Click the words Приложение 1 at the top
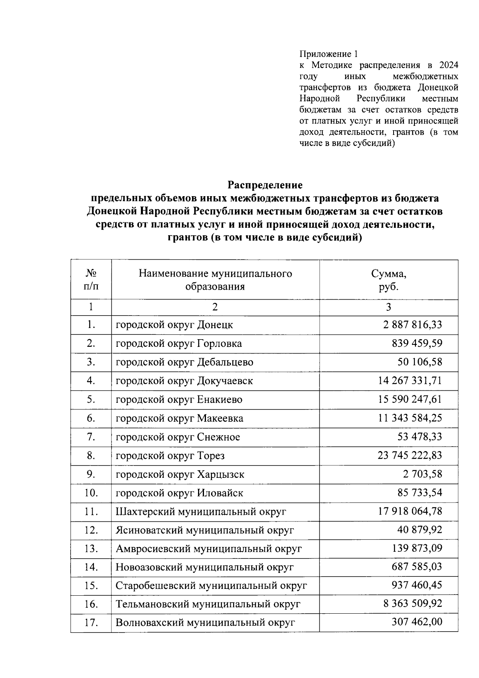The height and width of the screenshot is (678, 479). [329, 54]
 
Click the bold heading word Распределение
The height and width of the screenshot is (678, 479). [265, 185]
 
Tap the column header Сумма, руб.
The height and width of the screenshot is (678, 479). [388, 280]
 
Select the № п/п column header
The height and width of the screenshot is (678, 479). [91, 280]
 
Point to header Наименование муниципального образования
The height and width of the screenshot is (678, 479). [215, 280]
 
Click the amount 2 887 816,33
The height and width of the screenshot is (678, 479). [413, 324]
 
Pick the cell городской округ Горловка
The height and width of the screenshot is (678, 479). [178, 344]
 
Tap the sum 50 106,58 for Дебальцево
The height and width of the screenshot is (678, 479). [420, 362]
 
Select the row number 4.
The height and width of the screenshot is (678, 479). [91, 381]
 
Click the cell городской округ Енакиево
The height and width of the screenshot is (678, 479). [179, 400]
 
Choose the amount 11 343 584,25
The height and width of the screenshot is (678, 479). [410, 418]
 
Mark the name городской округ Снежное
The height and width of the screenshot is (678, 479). [178, 437]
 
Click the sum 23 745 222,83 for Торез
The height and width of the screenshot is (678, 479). [410, 455]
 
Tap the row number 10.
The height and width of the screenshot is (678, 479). [91, 493]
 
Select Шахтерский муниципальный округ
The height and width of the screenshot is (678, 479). [201, 512]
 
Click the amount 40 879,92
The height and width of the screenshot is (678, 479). [420, 530]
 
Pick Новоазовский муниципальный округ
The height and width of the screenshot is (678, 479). [204, 567]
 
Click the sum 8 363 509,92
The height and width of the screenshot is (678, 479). [413, 604]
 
